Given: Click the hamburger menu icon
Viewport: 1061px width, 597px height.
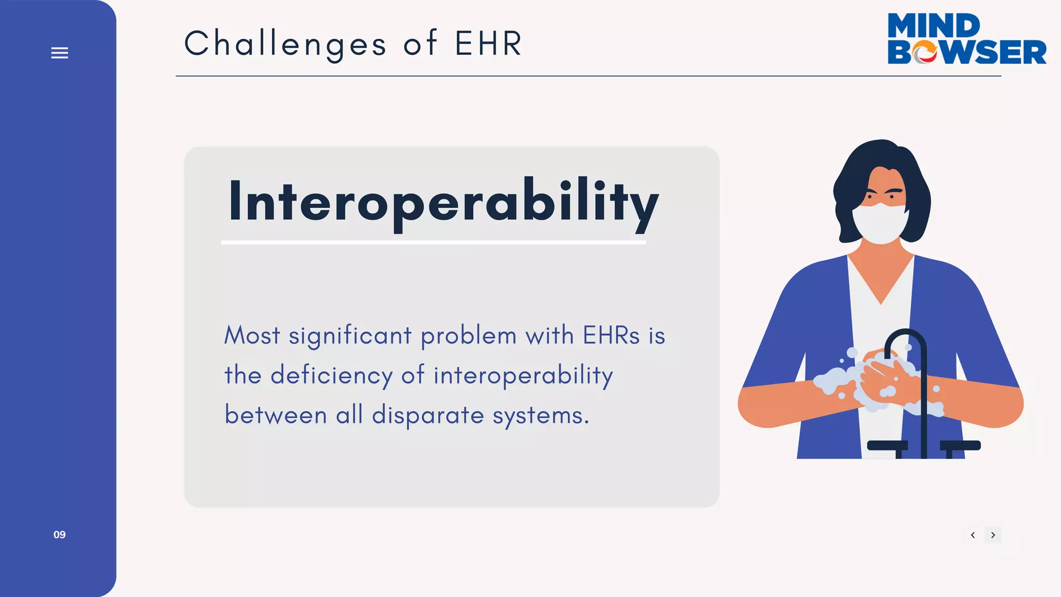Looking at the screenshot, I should click(60, 53).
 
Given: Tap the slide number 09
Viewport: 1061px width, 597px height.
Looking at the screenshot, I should click(60, 535).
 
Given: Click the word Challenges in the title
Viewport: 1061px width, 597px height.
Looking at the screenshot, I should click(285, 44).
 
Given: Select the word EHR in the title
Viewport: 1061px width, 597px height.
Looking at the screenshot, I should click(489, 44).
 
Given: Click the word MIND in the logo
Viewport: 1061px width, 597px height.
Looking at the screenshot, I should click(934, 25).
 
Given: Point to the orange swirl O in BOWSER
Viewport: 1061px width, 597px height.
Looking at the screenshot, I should click(925, 52).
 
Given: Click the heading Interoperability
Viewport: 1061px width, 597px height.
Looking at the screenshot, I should click(443, 202).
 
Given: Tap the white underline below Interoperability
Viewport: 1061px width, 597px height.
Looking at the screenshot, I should click(433, 242).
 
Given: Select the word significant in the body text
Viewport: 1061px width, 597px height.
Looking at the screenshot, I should click(350, 336).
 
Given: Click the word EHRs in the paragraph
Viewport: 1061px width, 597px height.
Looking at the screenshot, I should click(611, 335).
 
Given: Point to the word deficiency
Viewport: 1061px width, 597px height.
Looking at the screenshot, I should click(332, 375).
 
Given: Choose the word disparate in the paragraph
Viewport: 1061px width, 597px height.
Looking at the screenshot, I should click(428, 415).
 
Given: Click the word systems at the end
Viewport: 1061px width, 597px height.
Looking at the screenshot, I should click(540, 415).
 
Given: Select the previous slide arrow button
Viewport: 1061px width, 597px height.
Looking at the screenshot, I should click(973, 535).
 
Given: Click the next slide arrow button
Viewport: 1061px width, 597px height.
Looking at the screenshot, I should click(993, 535).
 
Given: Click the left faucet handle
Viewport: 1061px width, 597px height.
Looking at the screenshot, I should click(887, 445).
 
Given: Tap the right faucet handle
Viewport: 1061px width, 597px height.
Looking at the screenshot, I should click(960, 445).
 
